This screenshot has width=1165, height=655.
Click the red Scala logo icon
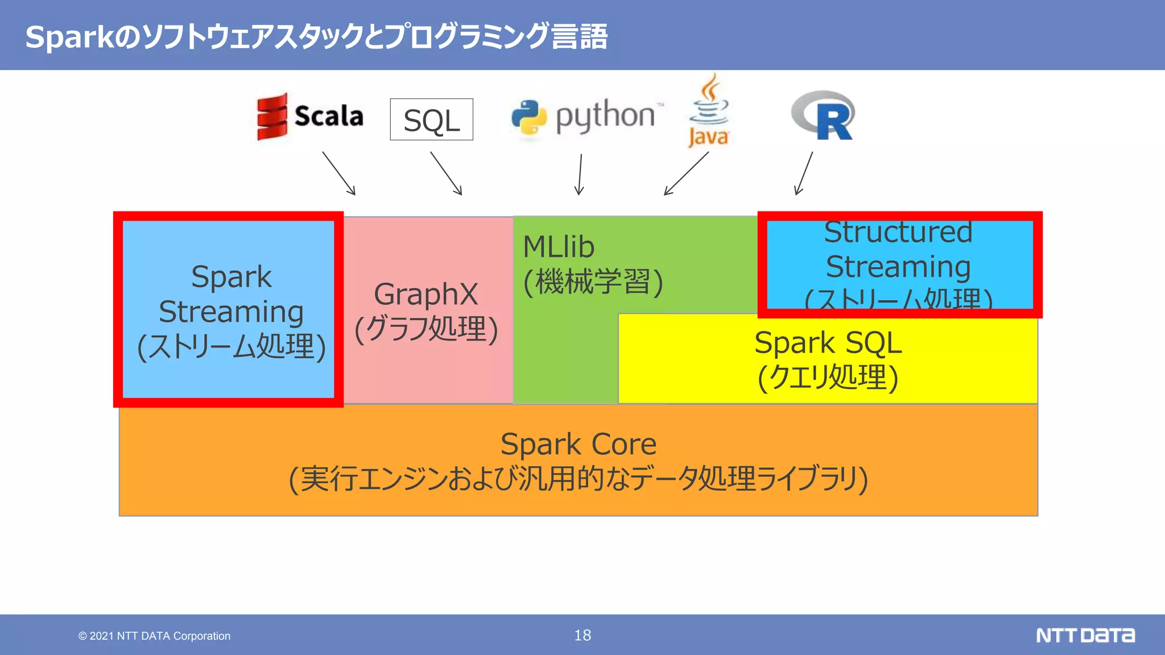click(x=272, y=117)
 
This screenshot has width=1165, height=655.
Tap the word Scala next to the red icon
click(x=329, y=117)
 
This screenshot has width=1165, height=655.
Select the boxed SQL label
click(x=431, y=120)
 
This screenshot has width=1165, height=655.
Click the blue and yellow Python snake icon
click(x=528, y=118)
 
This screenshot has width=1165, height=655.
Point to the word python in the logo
click(x=605, y=117)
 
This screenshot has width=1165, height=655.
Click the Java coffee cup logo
click(x=709, y=110)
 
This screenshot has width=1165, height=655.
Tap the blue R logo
click(x=824, y=116)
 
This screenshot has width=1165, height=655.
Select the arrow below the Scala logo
click(x=339, y=173)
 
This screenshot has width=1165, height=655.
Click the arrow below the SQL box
click(x=446, y=173)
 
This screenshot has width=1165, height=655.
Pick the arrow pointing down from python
click(x=580, y=174)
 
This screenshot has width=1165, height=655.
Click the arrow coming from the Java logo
click(x=687, y=173)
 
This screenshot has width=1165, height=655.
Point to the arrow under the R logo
click(x=804, y=173)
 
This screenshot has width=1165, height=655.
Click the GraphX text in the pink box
click(x=425, y=295)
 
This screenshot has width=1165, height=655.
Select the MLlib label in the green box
click(x=559, y=247)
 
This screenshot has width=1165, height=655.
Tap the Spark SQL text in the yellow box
click(x=828, y=343)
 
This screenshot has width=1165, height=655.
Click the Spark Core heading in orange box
click(x=578, y=444)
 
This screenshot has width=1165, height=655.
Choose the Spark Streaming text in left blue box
click(x=231, y=295)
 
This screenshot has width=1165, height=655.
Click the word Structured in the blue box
click(x=898, y=233)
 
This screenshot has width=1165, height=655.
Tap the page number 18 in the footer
click(x=582, y=635)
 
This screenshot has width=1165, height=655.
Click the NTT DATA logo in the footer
click(x=1085, y=635)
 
